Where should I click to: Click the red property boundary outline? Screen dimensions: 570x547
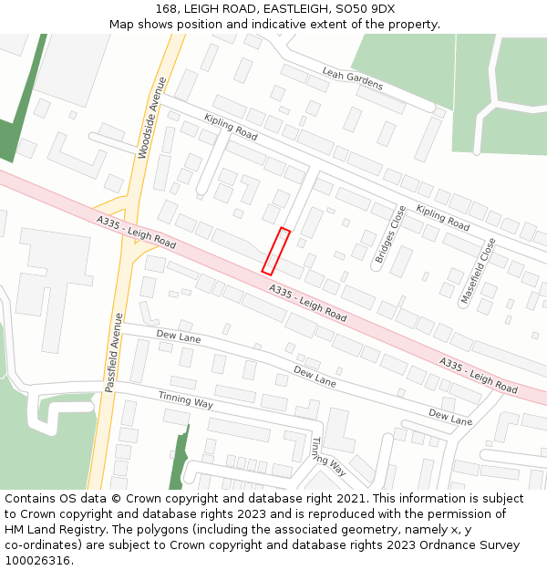276,251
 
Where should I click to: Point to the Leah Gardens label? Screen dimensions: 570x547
353,78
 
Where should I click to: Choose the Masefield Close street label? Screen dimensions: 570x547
480,270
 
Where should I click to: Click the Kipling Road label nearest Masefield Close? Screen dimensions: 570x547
442,217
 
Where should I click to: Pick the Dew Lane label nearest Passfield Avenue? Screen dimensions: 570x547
179,337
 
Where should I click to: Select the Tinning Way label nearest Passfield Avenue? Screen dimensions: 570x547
185,399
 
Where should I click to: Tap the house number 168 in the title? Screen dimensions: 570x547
165,9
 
